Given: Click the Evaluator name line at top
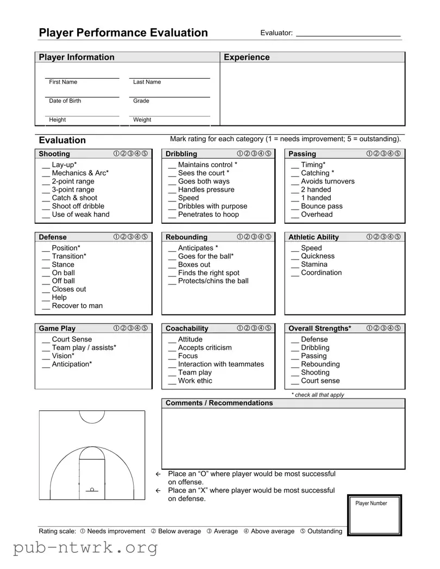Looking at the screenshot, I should tap(348, 35).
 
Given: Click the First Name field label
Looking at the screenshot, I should tap(63, 82).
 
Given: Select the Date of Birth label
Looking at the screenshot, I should tap(65, 101).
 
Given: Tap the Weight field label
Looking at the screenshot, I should tap(142, 120).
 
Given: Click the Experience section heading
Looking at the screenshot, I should tap(247, 58).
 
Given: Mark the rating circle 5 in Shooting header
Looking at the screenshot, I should tap(144, 154).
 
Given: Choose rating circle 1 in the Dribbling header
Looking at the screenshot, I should tap(240, 154).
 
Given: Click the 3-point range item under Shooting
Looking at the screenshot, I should tap(73, 190).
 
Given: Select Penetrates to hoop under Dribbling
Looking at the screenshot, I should tap(208, 214).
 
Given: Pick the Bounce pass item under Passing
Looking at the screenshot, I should tap(322, 206).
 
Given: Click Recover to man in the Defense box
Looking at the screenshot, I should tap(77, 306).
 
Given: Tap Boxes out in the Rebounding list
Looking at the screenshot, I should tap(194, 264).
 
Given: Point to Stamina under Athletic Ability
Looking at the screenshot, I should tap(314, 264).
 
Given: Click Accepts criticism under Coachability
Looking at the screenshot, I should tap(205, 347).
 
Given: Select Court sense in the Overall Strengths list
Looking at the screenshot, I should tap(320, 381).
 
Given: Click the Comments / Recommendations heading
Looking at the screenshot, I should tap(219, 403).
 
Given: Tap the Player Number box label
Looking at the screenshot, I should tap(371, 503).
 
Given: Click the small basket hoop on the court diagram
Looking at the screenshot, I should tap(92, 490).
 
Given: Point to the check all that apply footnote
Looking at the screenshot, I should tap(318, 395).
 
